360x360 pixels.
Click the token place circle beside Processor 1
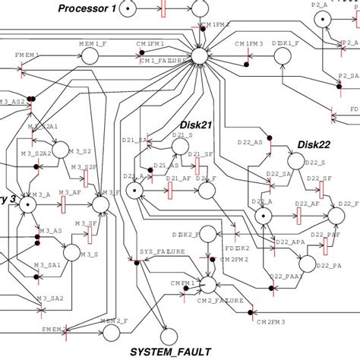129,9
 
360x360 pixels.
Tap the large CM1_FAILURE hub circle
201,57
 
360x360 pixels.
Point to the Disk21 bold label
195,125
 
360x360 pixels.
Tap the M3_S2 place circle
62,150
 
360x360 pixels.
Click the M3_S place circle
70,251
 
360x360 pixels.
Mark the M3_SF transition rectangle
86,231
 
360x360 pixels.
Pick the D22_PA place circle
307,263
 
